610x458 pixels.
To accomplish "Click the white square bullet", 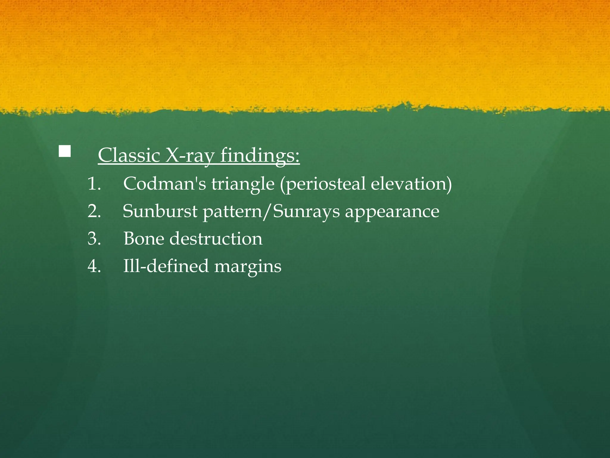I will click(65, 151).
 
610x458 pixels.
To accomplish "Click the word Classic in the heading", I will click(129, 155).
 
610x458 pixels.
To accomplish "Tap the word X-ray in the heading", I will click(190, 155).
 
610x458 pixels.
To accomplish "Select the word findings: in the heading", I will click(260, 155).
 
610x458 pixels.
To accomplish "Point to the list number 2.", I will click(94, 211).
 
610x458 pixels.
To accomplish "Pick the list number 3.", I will click(94, 239).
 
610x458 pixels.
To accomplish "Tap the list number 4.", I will click(94, 266).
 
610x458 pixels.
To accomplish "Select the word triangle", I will click(243, 184).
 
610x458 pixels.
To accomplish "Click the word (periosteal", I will click(323, 184).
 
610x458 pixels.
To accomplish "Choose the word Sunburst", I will click(160, 211).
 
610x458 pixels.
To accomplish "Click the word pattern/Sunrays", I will click(271, 212).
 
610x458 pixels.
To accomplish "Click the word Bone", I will click(144, 239).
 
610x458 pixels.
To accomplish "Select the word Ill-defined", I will click(166, 266).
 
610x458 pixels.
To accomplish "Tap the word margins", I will click(248, 267).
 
